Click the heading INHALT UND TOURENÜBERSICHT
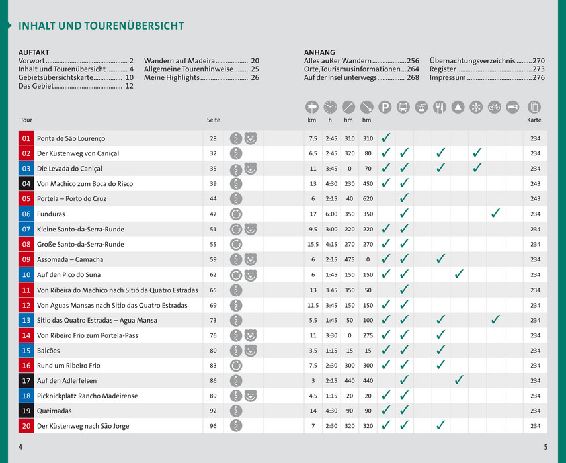(101, 26)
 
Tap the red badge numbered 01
(26, 138)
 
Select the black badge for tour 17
(26, 381)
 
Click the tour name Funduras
(51, 214)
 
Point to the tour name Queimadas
(54, 411)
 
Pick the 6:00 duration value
(331, 214)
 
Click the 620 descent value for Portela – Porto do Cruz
(368, 199)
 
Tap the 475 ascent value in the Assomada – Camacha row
(349, 260)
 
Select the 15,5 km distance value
(313, 245)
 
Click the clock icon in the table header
(330, 106)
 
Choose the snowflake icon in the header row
(475, 106)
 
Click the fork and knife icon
(440, 106)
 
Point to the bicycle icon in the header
(494, 106)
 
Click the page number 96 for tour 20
(213, 427)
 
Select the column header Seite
(213, 120)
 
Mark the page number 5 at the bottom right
(546, 448)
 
